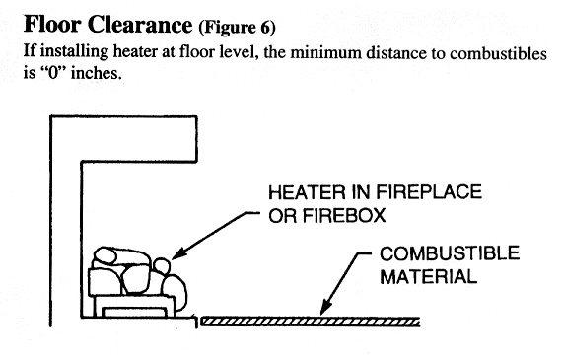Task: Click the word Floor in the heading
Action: (x=52, y=25)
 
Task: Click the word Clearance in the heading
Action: (x=140, y=25)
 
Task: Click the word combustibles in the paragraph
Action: (x=498, y=53)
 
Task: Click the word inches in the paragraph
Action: (x=95, y=73)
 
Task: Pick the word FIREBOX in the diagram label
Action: (x=343, y=216)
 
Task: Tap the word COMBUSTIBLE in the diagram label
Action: (x=450, y=253)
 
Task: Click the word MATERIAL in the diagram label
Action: (x=428, y=277)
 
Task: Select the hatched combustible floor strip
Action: (x=311, y=322)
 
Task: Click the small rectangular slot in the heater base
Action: (x=135, y=313)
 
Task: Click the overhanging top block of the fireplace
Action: (x=123, y=138)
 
